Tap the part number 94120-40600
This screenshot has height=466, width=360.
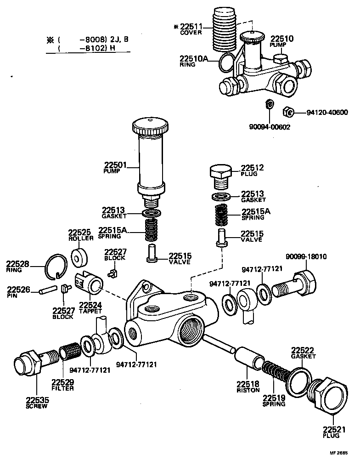[x=327, y=113]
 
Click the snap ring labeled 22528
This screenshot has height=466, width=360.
[x=56, y=267]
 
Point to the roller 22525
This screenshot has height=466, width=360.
[x=79, y=256]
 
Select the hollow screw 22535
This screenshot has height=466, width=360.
[x=36, y=361]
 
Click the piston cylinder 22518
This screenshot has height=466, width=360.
[x=249, y=358]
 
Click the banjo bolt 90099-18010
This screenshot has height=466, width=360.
[x=294, y=285]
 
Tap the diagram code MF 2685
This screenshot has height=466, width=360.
[x=338, y=453]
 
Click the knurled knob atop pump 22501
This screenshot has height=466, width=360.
[x=150, y=126]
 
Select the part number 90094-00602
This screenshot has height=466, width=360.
[x=270, y=127]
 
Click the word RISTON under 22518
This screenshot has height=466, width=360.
[x=248, y=391]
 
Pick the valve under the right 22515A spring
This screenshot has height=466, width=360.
[x=222, y=238]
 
